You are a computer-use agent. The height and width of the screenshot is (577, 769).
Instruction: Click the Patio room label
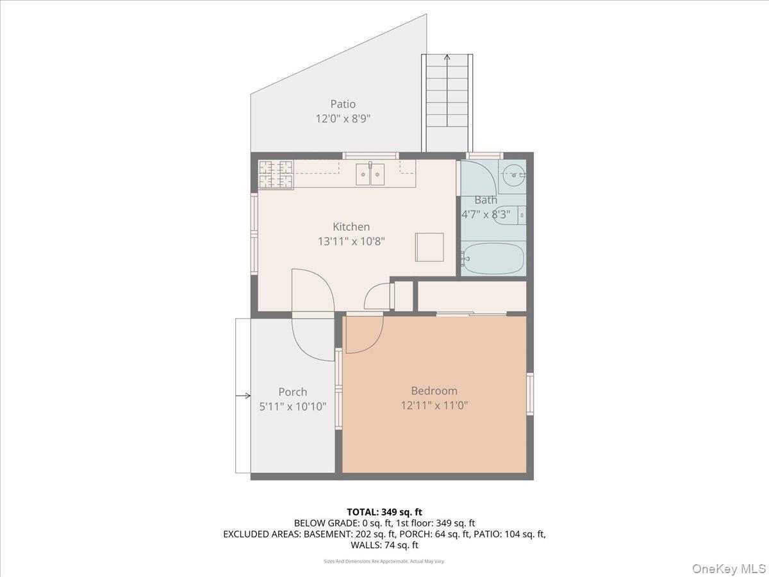(x=343, y=104)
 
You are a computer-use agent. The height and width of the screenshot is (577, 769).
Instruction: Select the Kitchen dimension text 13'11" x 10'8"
(x=351, y=241)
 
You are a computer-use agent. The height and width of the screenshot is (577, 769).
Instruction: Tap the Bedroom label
(x=434, y=390)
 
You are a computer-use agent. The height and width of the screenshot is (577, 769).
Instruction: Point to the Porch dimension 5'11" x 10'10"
(x=293, y=406)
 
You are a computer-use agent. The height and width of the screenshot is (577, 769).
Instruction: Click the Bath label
(x=486, y=200)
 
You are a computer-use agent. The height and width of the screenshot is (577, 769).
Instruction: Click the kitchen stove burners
(x=276, y=175)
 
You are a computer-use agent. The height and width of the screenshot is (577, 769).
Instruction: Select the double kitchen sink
(x=370, y=173)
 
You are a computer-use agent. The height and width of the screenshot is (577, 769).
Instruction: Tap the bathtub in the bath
(x=493, y=258)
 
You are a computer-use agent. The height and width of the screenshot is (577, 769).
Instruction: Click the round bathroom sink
(x=511, y=172)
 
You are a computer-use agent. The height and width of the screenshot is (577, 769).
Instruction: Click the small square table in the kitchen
(x=429, y=247)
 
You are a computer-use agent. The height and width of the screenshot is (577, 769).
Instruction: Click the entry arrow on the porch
(x=244, y=396)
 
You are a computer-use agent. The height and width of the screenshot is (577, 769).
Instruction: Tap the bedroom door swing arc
(x=364, y=334)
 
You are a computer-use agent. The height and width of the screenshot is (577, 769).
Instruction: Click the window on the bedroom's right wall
(x=530, y=394)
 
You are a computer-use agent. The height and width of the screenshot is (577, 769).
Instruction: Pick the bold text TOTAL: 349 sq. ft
(x=384, y=512)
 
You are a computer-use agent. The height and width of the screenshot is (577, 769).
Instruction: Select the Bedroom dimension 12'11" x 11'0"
(x=434, y=405)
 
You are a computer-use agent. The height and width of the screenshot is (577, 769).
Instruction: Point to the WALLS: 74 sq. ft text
(x=384, y=545)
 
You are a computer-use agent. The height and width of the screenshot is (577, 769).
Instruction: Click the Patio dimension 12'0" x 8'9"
(x=343, y=119)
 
